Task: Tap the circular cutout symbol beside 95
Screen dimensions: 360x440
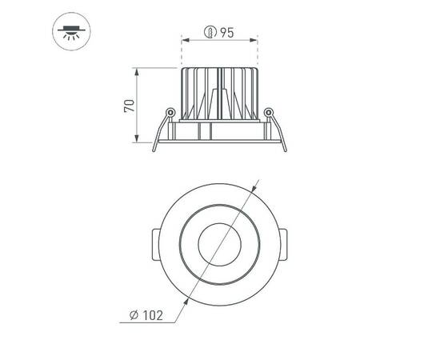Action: point(210,33)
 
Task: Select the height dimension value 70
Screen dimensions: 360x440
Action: point(129,106)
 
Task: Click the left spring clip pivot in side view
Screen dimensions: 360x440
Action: point(170,111)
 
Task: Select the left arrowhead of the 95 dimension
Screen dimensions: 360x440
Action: point(185,39)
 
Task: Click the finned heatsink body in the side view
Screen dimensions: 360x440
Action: point(220,94)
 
